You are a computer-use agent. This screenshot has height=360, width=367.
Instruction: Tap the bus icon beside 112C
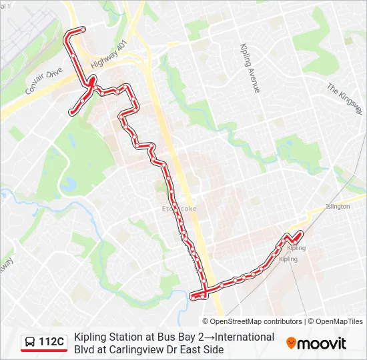coord(31,343)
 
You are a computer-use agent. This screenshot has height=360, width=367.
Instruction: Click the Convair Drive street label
coord(44,80)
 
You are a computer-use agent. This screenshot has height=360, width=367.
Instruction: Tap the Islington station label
coord(338,207)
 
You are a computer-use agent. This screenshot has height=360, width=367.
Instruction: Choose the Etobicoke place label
coord(179,209)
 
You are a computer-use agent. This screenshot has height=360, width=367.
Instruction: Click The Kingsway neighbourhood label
coord(344,97)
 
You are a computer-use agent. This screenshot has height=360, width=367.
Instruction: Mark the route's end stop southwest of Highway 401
coord(71,113)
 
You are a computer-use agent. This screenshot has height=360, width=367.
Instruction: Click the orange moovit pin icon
coord(292,343)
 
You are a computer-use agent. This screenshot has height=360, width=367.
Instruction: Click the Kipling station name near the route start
coord(296,248)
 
